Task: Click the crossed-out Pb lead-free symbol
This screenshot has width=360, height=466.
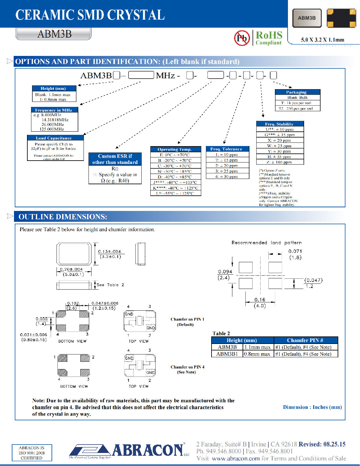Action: point(242,38)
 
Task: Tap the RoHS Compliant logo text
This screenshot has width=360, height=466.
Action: point(269,38)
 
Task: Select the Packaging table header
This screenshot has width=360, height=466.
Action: point(297,92)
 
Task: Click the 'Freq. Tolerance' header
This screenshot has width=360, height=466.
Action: point(227,149)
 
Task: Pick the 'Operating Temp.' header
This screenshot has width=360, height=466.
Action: point(175,149)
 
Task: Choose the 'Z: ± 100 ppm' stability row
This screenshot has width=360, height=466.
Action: point(280,162)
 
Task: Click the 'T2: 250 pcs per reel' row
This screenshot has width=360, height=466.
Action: point(297,109)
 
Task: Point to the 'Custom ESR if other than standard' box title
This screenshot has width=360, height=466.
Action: point(115,159)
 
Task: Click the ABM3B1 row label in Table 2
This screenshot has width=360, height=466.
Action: point(227,354)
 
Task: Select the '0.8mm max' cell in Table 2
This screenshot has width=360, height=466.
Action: point(257,354)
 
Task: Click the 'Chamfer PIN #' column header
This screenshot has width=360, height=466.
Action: point(305,340)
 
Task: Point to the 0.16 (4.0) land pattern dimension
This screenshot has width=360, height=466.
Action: point(260,303)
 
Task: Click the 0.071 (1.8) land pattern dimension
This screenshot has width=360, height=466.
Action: point(295,254)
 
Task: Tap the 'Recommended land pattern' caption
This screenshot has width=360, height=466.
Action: point(267,243)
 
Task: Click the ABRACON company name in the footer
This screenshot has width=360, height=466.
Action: point(148,450)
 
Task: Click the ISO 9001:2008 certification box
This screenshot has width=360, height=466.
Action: point(32,453)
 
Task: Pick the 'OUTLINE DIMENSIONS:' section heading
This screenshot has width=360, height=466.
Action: point(63,217)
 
